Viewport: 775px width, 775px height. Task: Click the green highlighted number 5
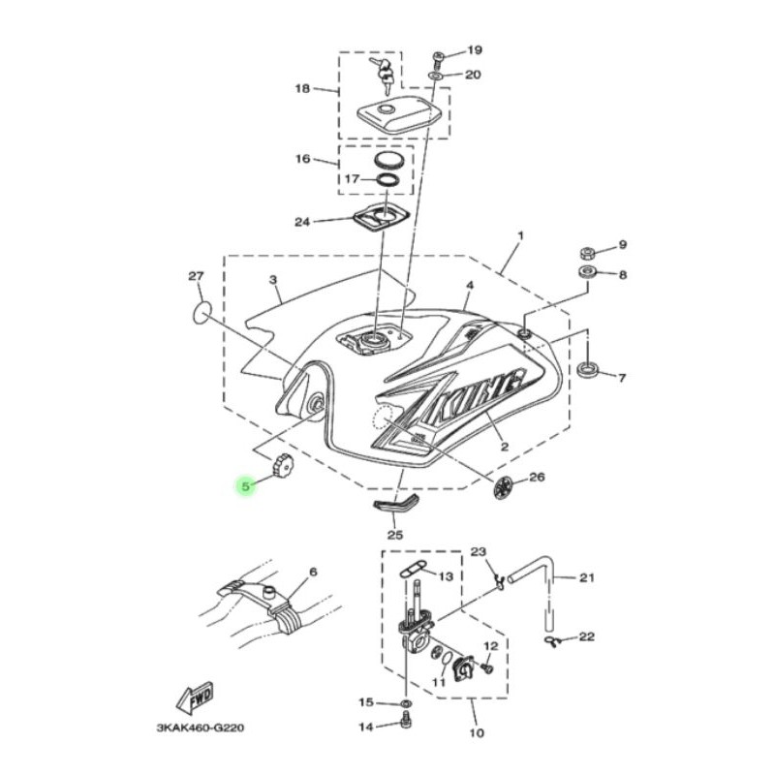click(x=246, y=486)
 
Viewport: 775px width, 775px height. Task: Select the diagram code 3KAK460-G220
click(x=201, y=728)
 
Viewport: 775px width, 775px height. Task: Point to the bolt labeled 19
click(x=438, y=59)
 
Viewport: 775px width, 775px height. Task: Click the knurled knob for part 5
click(x=282, y=464)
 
